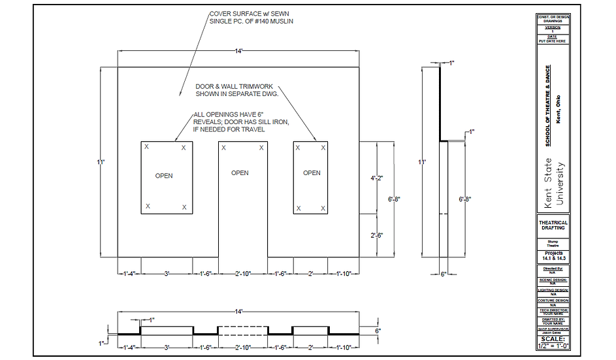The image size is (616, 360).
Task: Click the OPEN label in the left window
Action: coord(164,176)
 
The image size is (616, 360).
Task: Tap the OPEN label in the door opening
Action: coord(240,173)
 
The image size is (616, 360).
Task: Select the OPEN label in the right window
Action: coord(312,173)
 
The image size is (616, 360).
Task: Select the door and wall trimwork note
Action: coord(237,90)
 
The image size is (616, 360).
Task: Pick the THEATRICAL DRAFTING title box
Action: coord(553,225)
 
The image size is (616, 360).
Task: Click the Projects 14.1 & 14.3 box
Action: coord(553,255)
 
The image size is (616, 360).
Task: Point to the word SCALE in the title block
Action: coord(553,338)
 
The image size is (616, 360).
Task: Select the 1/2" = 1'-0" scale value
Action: coord(553,346)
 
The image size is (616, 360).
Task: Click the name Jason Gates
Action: coord(553,332)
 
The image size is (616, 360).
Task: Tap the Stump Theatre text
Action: coord(553,242)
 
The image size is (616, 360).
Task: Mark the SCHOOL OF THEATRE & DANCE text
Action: coord(548,106)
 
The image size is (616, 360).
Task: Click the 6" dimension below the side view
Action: coord(443,274)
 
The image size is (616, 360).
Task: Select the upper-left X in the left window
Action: coord(147,147)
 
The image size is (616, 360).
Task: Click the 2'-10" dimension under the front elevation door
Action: coord(243,274)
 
